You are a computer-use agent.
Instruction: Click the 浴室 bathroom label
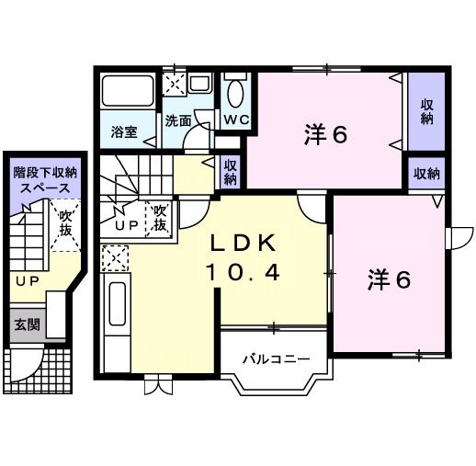(x=124, y=131)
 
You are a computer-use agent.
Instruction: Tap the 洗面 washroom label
(x=177, y=121)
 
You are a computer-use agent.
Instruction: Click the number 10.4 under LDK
(x=243, y=273)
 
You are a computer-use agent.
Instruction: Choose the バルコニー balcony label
(x=270, y=358)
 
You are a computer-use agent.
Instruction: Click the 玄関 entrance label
(x=26, y=324)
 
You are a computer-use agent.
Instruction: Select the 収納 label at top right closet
(x=426, y=111)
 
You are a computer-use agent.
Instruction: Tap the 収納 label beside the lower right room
(x=425, y=173)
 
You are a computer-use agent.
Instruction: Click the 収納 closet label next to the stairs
(x=230, y=172)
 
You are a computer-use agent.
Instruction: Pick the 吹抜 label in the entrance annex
(x=66, y=225)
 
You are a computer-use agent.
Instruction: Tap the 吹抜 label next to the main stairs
(x=159, y=217)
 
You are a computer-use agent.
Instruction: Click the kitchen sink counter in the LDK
(x=117, y=313)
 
